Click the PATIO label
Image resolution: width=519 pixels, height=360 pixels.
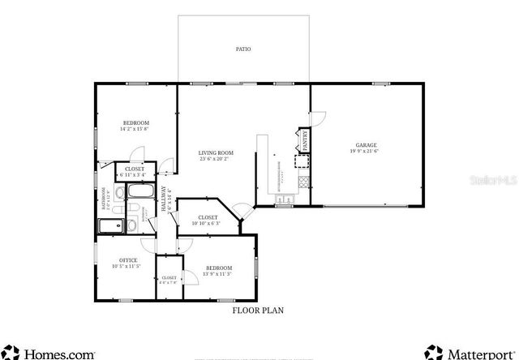point(242,49)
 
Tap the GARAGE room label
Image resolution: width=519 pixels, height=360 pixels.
point(366,145)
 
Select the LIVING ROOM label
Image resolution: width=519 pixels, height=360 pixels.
point(217,152)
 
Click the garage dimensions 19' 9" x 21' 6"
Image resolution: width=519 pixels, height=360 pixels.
point(366,152)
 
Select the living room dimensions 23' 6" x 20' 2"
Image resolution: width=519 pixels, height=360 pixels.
point(217,159)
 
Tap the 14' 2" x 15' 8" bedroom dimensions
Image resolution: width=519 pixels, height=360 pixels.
point(136,129)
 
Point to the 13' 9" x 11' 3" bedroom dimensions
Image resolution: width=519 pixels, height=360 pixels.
point(219,274)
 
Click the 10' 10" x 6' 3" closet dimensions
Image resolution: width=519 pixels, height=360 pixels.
point(208,223)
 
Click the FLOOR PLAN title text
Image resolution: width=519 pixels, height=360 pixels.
point(258,310)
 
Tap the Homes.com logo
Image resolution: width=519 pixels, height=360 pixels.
point(49,352)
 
